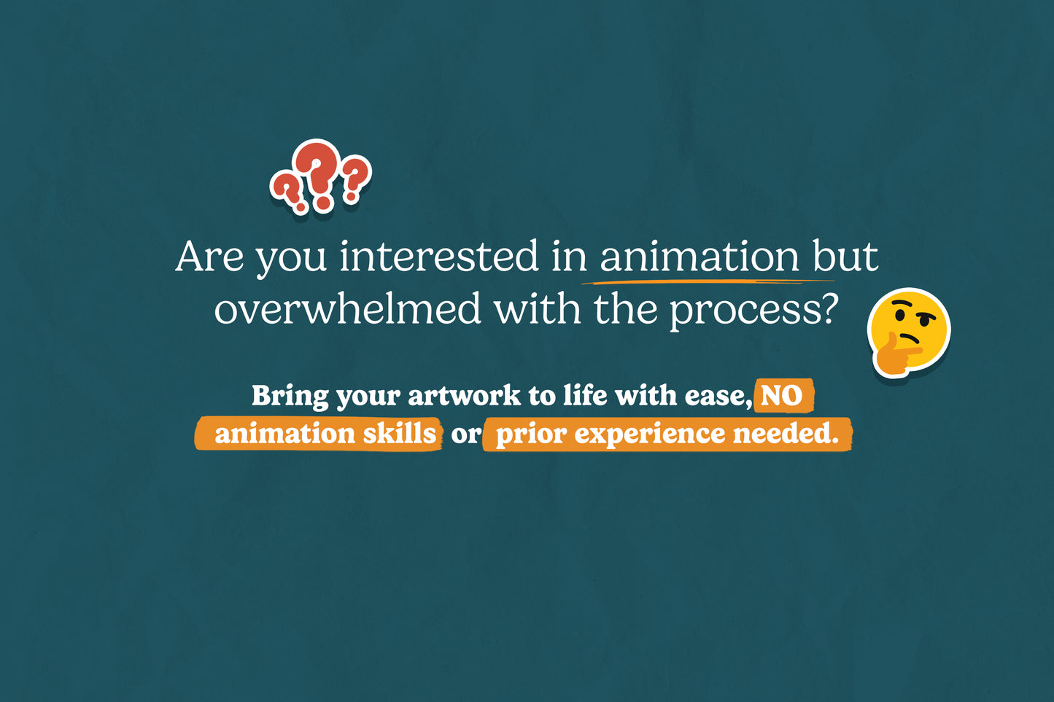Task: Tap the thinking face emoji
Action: pyautogui.click(x=909, y=333)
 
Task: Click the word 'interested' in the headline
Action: pyautogui.click(x=438, y=257)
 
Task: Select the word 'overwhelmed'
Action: pyautogui.click(x=346, y=309)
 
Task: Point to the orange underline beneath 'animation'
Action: pyautogui.click(x=708, y=282)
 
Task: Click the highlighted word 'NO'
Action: pyautogui.click(x=781, y=396)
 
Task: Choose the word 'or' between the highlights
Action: pyautogui.click(x=466, y=435)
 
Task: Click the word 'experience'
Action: pyautogui.click(x=650, y=435)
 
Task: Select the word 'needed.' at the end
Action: pyautogui.click(x=786, y=433)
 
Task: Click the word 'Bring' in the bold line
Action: pyautogui.click(x=290, y=396)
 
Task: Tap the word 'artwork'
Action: pyautogui.click(x=464, y=395)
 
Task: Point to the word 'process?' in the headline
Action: pyautogui.click(x=754, y=311)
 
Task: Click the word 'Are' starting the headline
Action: pyautogui.click(x=209, y=257)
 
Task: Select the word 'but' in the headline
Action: pyautogui.click(x=845, y=257)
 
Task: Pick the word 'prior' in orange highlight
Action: pyautogui.click(x=531, y=435)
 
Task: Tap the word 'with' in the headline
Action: pyautogui.click(x=537, y=308)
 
